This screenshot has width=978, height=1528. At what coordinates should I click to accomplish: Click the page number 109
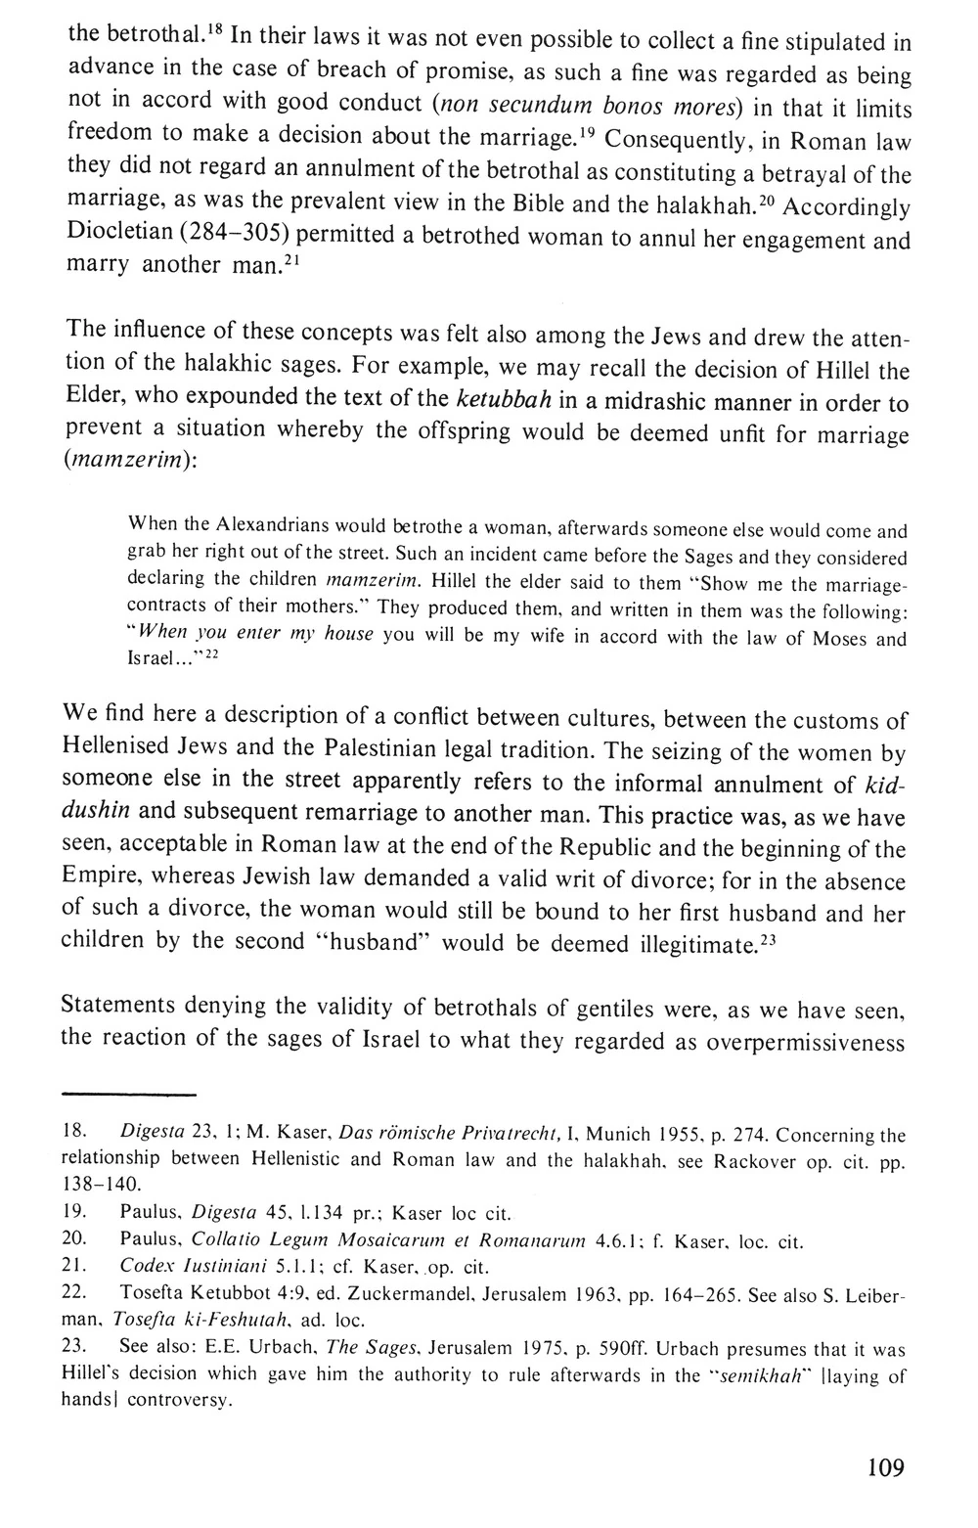(885, 1467)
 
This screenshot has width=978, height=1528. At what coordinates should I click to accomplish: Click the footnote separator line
(127, 1093)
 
